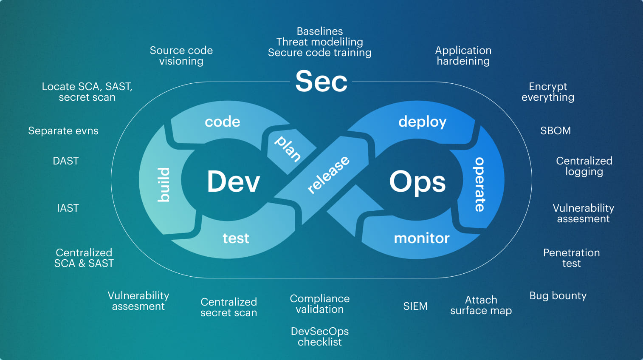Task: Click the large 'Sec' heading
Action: (321, 81)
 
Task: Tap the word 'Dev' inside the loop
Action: (233, 181)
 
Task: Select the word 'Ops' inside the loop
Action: (417, 182)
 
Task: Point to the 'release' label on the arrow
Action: (328, 174)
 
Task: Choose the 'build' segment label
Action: (164, 184)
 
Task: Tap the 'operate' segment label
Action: (479, 184)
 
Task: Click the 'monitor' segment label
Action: (421, 238)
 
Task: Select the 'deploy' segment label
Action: (422, 122)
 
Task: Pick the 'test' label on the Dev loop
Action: (236, 238)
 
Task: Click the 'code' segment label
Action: (222, 122)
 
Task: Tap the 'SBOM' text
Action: (555, 131)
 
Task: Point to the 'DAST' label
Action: (66, 161)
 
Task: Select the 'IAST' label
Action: (68, 208)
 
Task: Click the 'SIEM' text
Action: (415, 306)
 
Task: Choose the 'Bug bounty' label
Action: (558, 296)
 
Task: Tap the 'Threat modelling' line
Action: (319, 42)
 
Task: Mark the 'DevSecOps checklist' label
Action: (319, 337)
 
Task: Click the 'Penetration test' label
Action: (571, 258)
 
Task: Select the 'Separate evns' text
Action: (63, 131)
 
